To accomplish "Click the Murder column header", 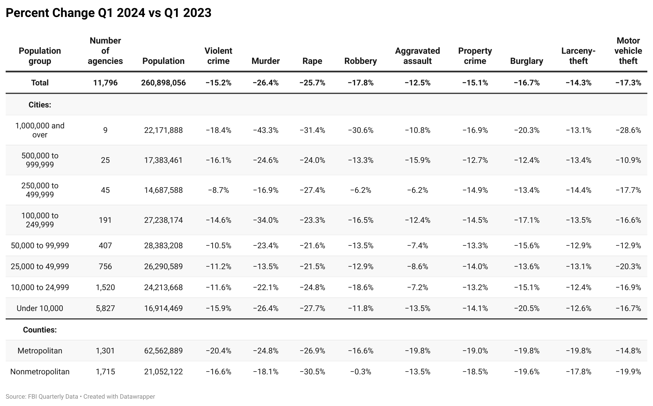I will pos(265,61).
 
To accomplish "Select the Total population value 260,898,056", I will pos(163,83).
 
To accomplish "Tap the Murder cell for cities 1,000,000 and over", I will pos(265,130).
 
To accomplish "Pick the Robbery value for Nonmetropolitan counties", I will pos(360,372).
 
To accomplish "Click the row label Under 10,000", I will pos(40,308).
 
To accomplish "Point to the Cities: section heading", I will pos(40,105).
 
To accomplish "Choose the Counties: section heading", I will pos(40,330).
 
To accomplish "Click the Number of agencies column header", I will pos(105,51).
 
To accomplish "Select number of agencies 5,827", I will pos(105,308).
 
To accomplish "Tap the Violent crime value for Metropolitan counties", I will pos(218,351).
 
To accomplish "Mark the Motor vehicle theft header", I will pos(628,51).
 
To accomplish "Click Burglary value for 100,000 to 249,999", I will pos(527,220).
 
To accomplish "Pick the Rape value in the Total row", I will pos(312,83).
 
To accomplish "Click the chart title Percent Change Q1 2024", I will pos(108,13).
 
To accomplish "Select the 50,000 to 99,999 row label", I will pos(40,245).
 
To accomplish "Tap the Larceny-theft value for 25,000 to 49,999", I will pos(578,266).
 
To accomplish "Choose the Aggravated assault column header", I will pos(417,56).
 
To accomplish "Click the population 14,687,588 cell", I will pos(163,190).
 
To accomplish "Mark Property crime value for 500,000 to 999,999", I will pos(475,160).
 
